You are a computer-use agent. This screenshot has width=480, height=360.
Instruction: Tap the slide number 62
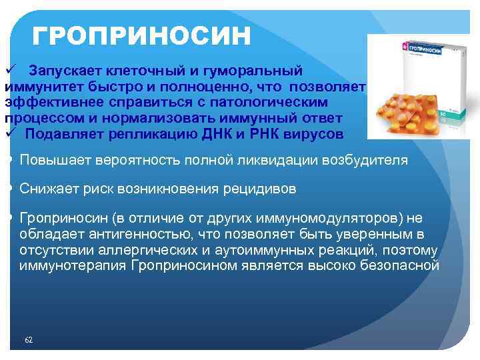tap(29, 340)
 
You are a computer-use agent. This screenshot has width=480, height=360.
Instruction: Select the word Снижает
tap(46, 189)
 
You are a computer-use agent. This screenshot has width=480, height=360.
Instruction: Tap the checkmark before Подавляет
tap(10, 133)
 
